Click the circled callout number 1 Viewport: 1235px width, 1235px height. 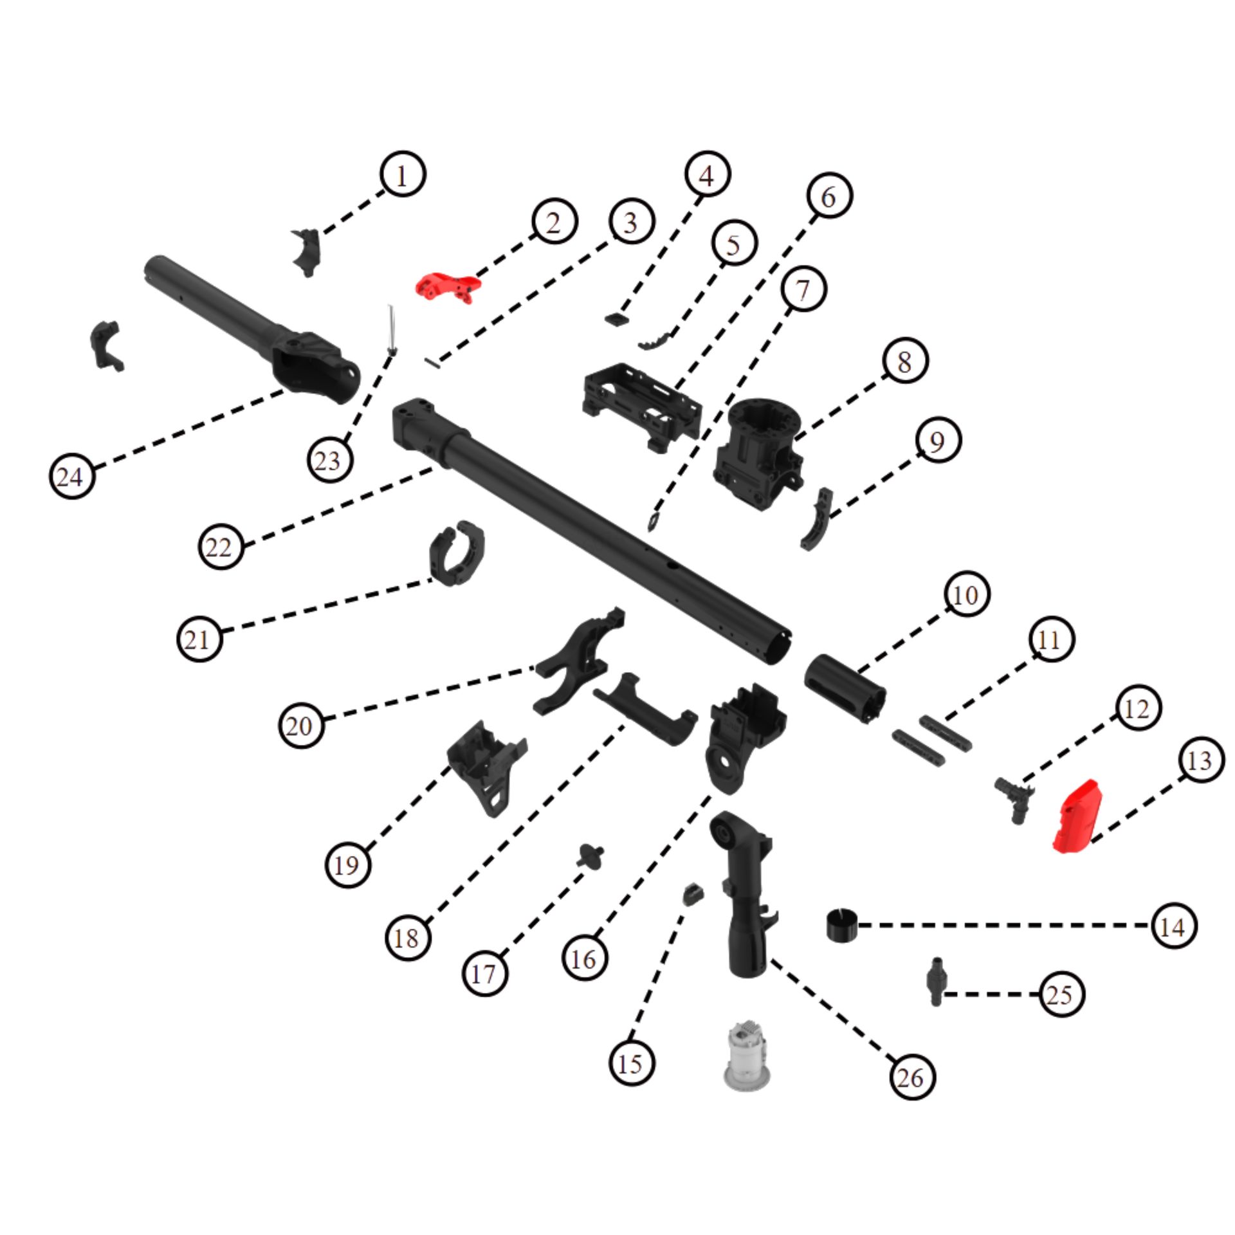coord(402,175)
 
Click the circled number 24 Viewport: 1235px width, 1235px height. coord(71,477)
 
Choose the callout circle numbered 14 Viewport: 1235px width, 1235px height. coord(1174,926)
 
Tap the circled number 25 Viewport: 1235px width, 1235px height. coord(1061,994)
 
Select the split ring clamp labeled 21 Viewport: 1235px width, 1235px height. coord(456,554)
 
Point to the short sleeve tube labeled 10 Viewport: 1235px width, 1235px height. coord(844,690)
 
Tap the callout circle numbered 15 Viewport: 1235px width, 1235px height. coord(631,1064)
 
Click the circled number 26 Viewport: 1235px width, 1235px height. coord(911,1077)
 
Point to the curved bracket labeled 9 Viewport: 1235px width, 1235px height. coord(816,519)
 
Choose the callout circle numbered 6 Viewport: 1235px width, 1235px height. coord(829,196)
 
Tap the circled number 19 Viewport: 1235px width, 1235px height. coord(348,865)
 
